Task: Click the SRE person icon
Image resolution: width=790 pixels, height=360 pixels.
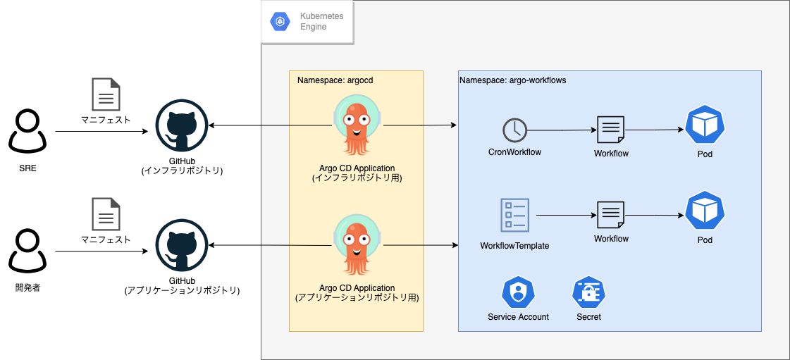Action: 27,130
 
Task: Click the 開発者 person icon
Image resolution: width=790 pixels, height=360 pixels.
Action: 27,251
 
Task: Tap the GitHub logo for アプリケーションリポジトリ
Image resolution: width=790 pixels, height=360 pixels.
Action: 181,245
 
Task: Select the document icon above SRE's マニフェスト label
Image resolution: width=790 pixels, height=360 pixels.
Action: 106,94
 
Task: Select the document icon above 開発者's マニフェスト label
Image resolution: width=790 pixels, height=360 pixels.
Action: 106,214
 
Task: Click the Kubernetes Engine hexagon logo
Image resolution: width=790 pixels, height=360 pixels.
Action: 280,22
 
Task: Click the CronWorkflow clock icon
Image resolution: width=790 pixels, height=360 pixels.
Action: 514,130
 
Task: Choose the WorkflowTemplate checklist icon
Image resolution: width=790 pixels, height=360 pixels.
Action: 514,215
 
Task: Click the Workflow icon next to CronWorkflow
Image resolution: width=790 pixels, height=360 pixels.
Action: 610,130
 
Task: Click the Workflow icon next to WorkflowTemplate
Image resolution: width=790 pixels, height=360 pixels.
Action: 610,215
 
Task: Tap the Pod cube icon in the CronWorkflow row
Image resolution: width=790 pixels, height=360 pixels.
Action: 705,125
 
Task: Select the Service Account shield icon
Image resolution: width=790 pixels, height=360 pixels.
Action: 518,292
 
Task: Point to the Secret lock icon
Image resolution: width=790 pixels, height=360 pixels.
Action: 588,292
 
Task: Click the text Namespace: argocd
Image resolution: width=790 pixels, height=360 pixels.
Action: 335,80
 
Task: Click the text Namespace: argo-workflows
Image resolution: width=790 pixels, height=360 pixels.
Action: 512,80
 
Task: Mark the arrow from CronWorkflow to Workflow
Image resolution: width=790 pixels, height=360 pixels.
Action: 560,130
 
